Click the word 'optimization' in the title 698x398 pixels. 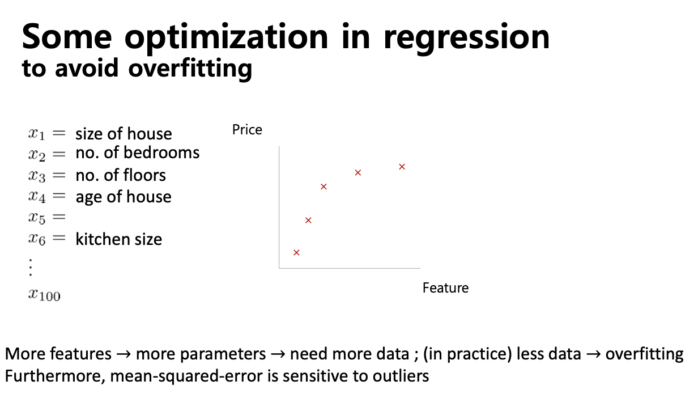pyautogui.click(x=226, y=38)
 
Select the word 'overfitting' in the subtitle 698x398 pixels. pyautogui.click(x=190, y=69)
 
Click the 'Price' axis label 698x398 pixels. pyautogui.click(x=247, y=130)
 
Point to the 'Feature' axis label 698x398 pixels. pyautogui.click(x=445, y=288)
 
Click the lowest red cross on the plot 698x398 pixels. pyautogui.click(x=296, y=252)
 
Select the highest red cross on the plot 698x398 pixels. pyautogui.click(x=402, y=167)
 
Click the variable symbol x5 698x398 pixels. pyautogui.click(x=37, y=218)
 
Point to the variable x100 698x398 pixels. pyautogui.click(x=44, y=295)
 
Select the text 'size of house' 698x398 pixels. pyautogui.click(x=124, y=134)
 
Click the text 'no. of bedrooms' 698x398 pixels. pyautogui.click(x=138, y=153)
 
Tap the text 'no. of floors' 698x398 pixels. pyautogui.click(x=121, y=175)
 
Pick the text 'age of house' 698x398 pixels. pyautogui.click(x=124, y=197)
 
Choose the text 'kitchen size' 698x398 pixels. pyautogui.click(x=119, y=240)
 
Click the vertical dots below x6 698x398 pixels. pyautogui.click(x=31, y=267)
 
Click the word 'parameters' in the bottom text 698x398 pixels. pyautogui.click(x=201, y=354)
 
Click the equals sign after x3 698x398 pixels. pyautogui.click(x=59, y=175)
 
